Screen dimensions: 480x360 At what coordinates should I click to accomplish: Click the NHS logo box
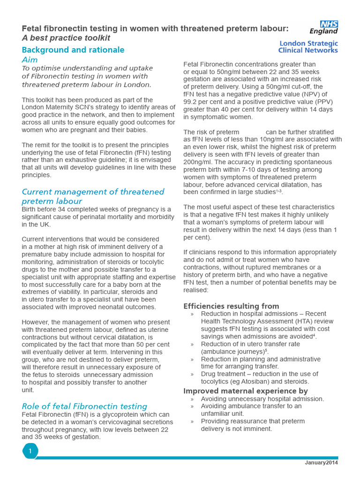click(x=329, y=24)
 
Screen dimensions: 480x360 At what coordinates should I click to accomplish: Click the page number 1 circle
click(x=30, y=451)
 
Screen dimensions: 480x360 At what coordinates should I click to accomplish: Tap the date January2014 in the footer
click(x=321, y=463)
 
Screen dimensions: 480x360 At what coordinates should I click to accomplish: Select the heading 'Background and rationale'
click(x=73, y=50)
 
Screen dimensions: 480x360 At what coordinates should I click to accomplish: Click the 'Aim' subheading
click(x=30, y=60)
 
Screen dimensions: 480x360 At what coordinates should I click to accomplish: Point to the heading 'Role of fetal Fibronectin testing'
click(x=84, y=406)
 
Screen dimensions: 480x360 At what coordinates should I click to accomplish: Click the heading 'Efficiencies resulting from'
click(x=231, y=306)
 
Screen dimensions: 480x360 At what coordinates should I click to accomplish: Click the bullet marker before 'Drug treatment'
click(x=192, y=374)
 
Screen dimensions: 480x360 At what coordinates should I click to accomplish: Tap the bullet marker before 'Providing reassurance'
click(x=192, y=421)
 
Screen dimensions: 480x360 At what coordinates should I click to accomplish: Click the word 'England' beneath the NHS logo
click(x=323, y=31)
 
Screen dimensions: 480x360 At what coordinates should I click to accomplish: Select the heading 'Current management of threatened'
click(x=93, y=192)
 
